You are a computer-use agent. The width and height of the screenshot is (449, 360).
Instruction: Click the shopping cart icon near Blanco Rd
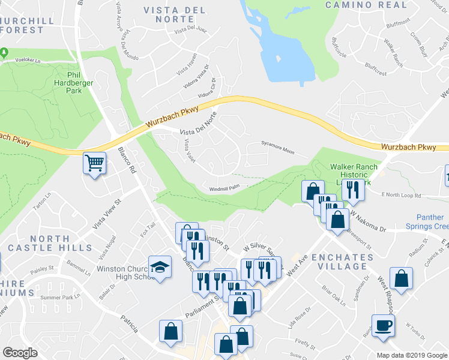[x=95, y=163]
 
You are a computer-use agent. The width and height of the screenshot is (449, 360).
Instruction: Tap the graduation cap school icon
[x=160, y=267]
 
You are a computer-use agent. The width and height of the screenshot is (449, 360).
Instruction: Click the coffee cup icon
[x=383, y=326]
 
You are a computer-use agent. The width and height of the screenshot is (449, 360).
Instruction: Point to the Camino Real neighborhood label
[x=366, y=5]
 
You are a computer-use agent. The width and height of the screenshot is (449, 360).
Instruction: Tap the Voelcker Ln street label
[x=32, y=60]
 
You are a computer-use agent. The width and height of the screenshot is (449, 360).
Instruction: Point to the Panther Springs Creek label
[x=433, y=222]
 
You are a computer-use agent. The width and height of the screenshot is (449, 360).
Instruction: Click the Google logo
[x=20, y=353]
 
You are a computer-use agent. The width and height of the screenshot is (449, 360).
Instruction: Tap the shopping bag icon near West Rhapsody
[x=401, y=279]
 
